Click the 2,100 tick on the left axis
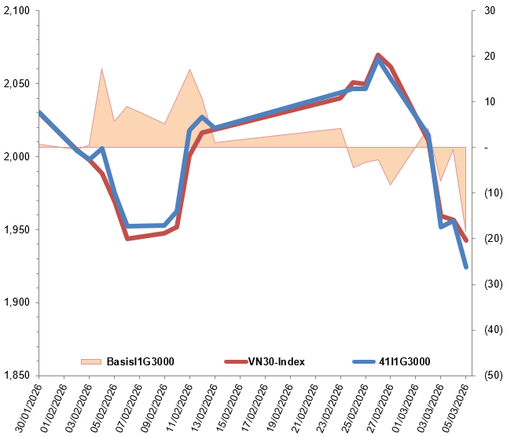point(17,11)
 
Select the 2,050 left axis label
point(17,84)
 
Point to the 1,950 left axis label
point(17,230)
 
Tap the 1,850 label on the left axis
point(17,376)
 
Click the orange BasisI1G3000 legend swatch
point(92,361)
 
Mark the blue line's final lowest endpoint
point(466,267)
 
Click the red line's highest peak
point(378,55)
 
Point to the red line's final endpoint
point(466,240)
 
